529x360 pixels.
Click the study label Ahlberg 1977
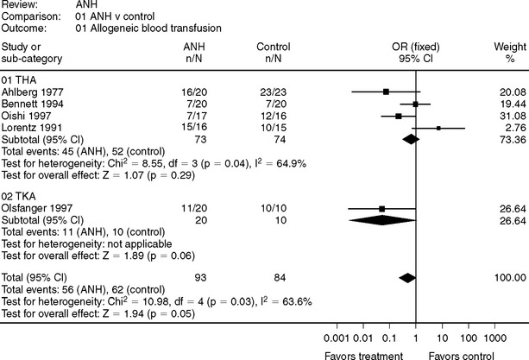[x=31, y=91]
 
